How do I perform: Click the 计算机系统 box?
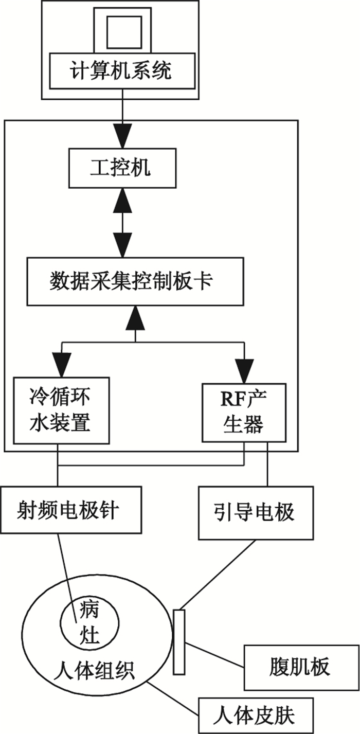[122, 70]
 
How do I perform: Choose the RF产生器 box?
[244, 411]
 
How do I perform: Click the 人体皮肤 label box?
[255, 715]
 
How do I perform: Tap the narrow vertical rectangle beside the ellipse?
[179, 641]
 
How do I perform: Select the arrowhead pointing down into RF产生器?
[244, 368]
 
